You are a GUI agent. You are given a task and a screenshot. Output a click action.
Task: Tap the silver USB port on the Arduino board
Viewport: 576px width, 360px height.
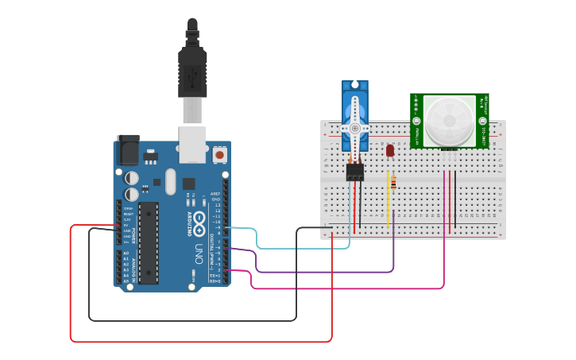point(192,144)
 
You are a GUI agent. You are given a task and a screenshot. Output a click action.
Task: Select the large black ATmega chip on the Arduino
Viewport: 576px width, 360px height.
point(148,242)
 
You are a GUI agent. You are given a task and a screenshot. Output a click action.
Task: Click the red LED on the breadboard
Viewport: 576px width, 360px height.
point(389,149)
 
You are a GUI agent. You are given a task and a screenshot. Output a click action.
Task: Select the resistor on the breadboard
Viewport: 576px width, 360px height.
point(393,184)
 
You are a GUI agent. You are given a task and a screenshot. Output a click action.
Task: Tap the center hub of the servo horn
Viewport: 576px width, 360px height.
point(354,127)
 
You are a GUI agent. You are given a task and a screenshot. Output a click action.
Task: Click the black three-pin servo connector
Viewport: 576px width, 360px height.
point(354,172)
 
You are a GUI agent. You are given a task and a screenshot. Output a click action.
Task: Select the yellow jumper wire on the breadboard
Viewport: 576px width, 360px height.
point(388,203)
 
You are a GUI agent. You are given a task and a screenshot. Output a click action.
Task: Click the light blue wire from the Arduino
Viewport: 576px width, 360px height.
point(302,248)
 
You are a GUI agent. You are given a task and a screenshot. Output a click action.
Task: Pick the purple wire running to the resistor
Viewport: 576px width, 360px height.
point(326,272)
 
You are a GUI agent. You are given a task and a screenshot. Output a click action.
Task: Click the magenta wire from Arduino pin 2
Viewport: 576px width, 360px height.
point(350,288)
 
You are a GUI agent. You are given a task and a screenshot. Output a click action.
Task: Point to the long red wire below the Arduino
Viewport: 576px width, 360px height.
point(199,342)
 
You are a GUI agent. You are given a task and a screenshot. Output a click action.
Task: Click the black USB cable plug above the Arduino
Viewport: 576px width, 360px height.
point(192,72)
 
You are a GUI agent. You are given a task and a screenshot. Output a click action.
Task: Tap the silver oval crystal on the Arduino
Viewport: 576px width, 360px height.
point(170,181)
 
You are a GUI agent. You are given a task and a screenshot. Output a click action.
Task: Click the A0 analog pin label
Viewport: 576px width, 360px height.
point(126,254)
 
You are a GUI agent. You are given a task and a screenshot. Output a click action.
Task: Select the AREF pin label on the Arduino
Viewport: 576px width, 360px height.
point(215,193)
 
